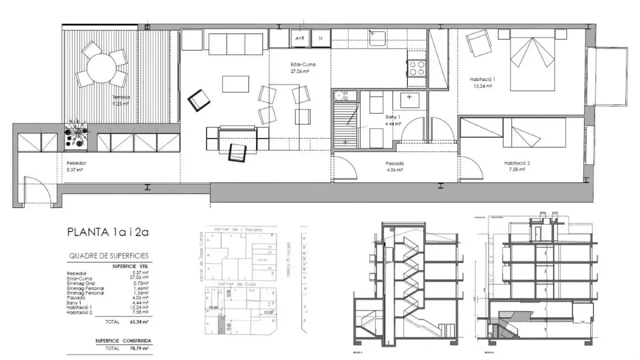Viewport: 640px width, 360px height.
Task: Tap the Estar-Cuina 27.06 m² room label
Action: click(x=300, y=68)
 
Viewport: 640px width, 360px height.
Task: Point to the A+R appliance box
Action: click(x=299, y=38)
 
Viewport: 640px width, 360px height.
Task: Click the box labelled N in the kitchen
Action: click(x=321, y=38)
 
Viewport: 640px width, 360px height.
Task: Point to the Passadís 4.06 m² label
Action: click(x=394, y=167)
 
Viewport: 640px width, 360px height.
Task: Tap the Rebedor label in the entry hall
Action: click(x=76, y=166)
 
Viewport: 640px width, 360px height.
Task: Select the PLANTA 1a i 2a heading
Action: click(x=106, y=233)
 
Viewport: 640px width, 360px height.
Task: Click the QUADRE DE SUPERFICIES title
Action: click(x=109, y=256)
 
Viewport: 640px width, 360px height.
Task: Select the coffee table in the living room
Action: click(x=235, y=84)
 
